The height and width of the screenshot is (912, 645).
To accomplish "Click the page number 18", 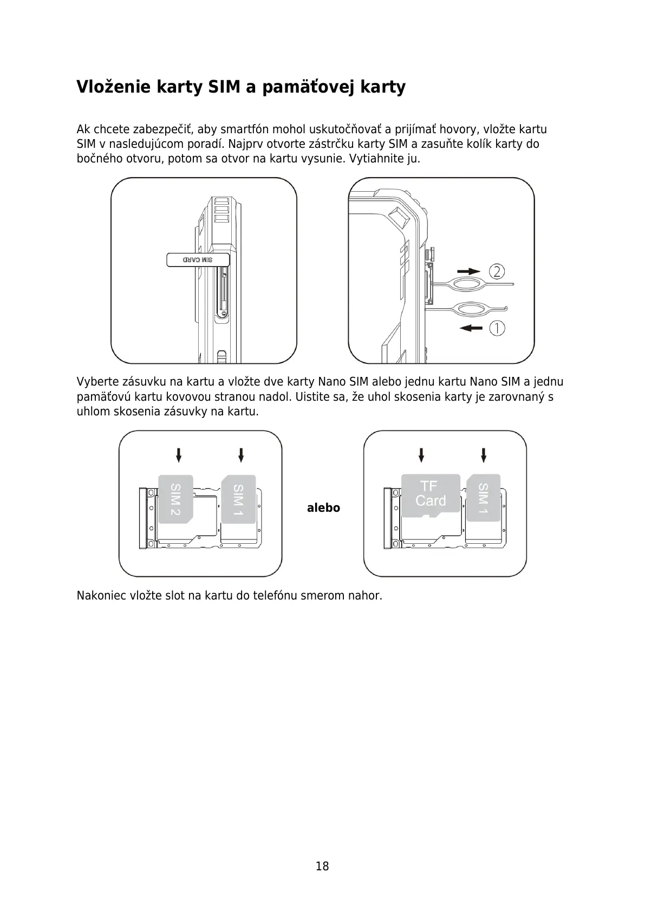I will point(322,866).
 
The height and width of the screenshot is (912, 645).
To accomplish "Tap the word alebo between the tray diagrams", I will point(323,508).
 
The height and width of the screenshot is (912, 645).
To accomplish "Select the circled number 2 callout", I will point(497,271).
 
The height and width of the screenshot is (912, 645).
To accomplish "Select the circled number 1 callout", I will point(497,328).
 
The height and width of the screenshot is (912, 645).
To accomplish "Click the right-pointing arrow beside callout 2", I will point(468,271).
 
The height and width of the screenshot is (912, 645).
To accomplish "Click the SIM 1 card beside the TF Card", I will point(484,497).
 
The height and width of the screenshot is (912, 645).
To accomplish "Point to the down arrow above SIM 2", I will point(179,454).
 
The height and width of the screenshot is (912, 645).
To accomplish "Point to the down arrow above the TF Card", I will point(421,454).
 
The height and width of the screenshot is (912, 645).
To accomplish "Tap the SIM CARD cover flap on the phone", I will point(198,260).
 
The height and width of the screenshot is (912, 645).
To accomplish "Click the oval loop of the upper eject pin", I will point(468,284).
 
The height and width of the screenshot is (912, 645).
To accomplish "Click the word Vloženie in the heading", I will point(114,87).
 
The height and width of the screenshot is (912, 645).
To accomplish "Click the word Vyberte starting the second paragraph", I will point(96,382).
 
